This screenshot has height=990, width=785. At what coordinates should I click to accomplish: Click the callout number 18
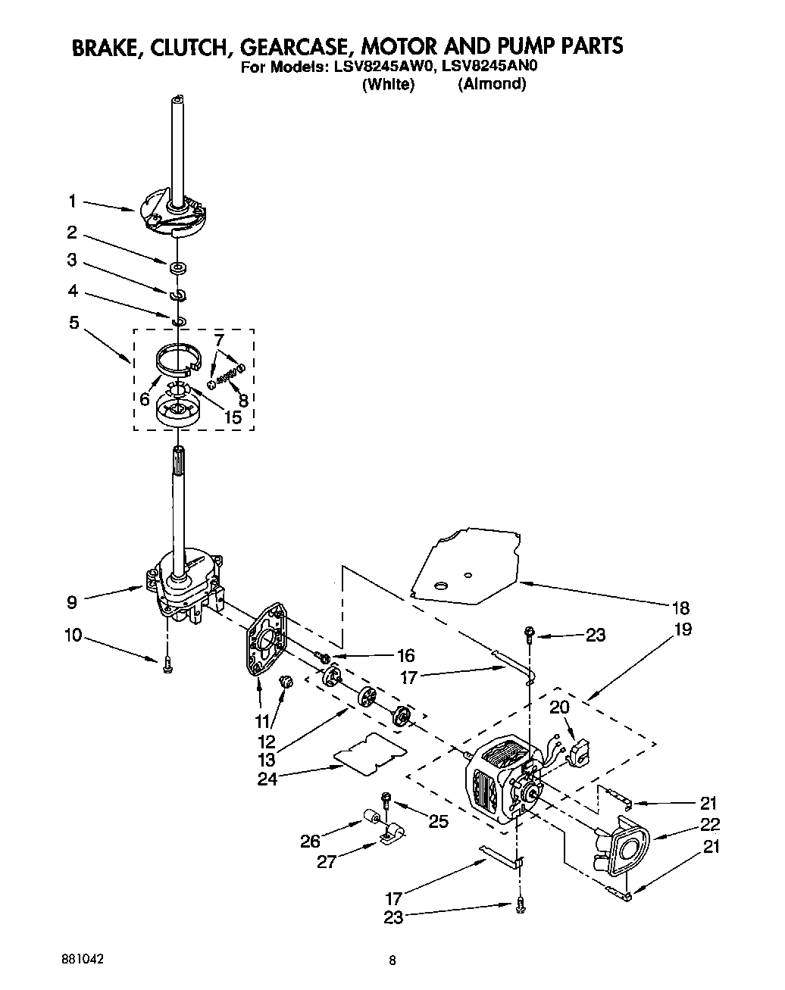tap(680, 607)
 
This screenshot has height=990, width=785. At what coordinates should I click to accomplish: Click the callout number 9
tap(72, 603)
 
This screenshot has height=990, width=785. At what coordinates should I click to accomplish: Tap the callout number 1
tap(72, 201)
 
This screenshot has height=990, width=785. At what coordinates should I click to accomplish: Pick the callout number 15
tap(232, 417)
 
